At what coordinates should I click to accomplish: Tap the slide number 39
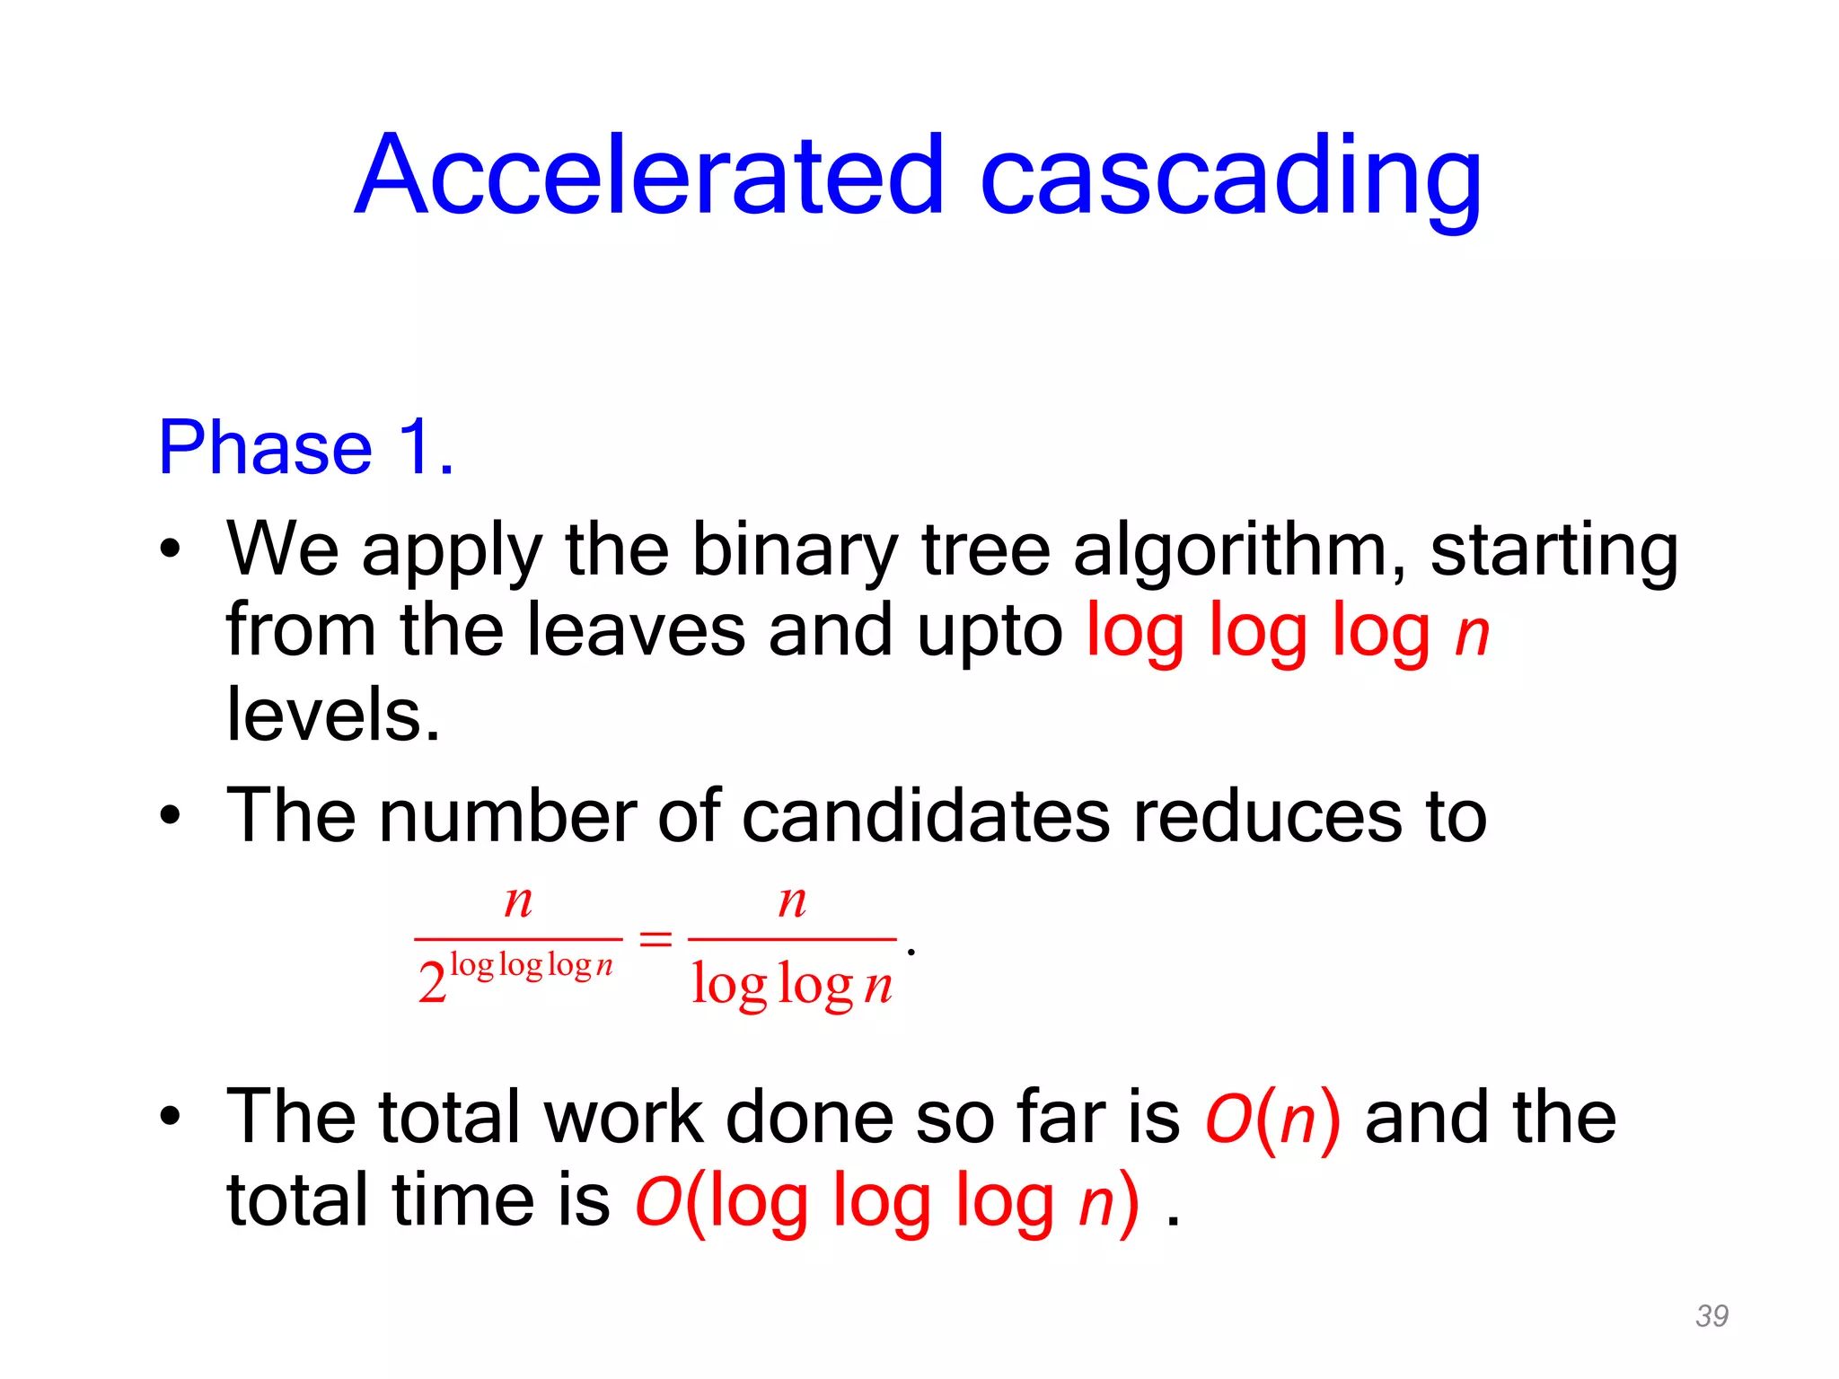tap(1711, 1315)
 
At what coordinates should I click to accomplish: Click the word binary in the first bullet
tap(794, 551)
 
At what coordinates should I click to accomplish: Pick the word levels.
tap(333, 715)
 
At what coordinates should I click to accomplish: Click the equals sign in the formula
tap(656, 940)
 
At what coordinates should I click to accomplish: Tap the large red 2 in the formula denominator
tap(432, 982)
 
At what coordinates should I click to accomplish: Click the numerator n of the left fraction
tap(518, 900)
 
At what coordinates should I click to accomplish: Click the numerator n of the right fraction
tap(792, 900)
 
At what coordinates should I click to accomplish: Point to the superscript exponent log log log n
tap(531, 966)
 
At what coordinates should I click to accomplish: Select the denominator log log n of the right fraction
tap(792, 985)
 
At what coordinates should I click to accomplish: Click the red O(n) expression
tap(1272, 1119)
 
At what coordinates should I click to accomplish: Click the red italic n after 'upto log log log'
tap(1472, 634)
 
